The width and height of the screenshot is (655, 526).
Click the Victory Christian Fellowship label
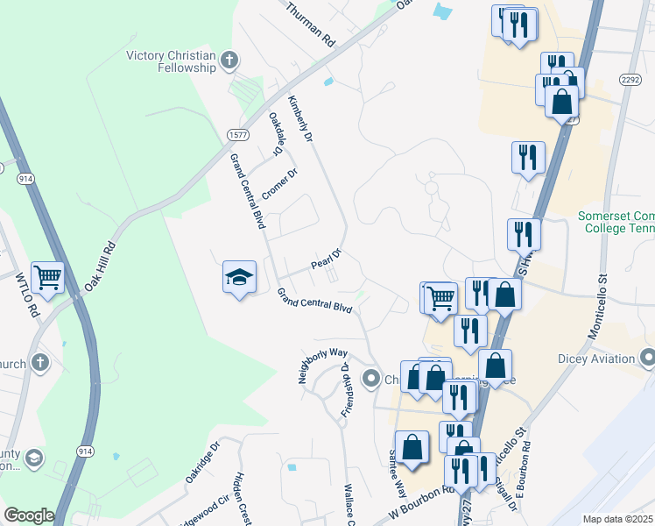[171, 60]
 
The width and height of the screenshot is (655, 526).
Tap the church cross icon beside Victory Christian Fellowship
[229, 60]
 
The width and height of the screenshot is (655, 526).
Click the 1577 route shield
[237, 134]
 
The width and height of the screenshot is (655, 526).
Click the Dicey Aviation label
[595, 358]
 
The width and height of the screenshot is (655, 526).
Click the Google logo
[29, 515]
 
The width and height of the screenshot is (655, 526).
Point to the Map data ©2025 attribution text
[617, 519]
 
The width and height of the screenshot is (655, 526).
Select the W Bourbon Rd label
[423, 508]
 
